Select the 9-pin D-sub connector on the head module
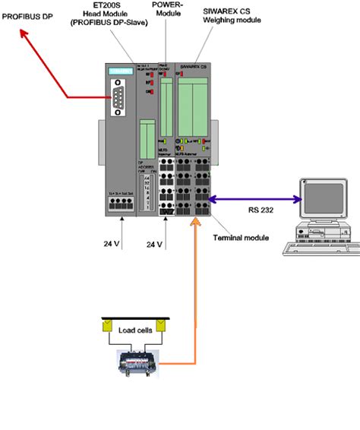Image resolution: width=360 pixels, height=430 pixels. coord(121,100)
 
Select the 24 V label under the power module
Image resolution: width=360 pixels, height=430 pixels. coord(155,245)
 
